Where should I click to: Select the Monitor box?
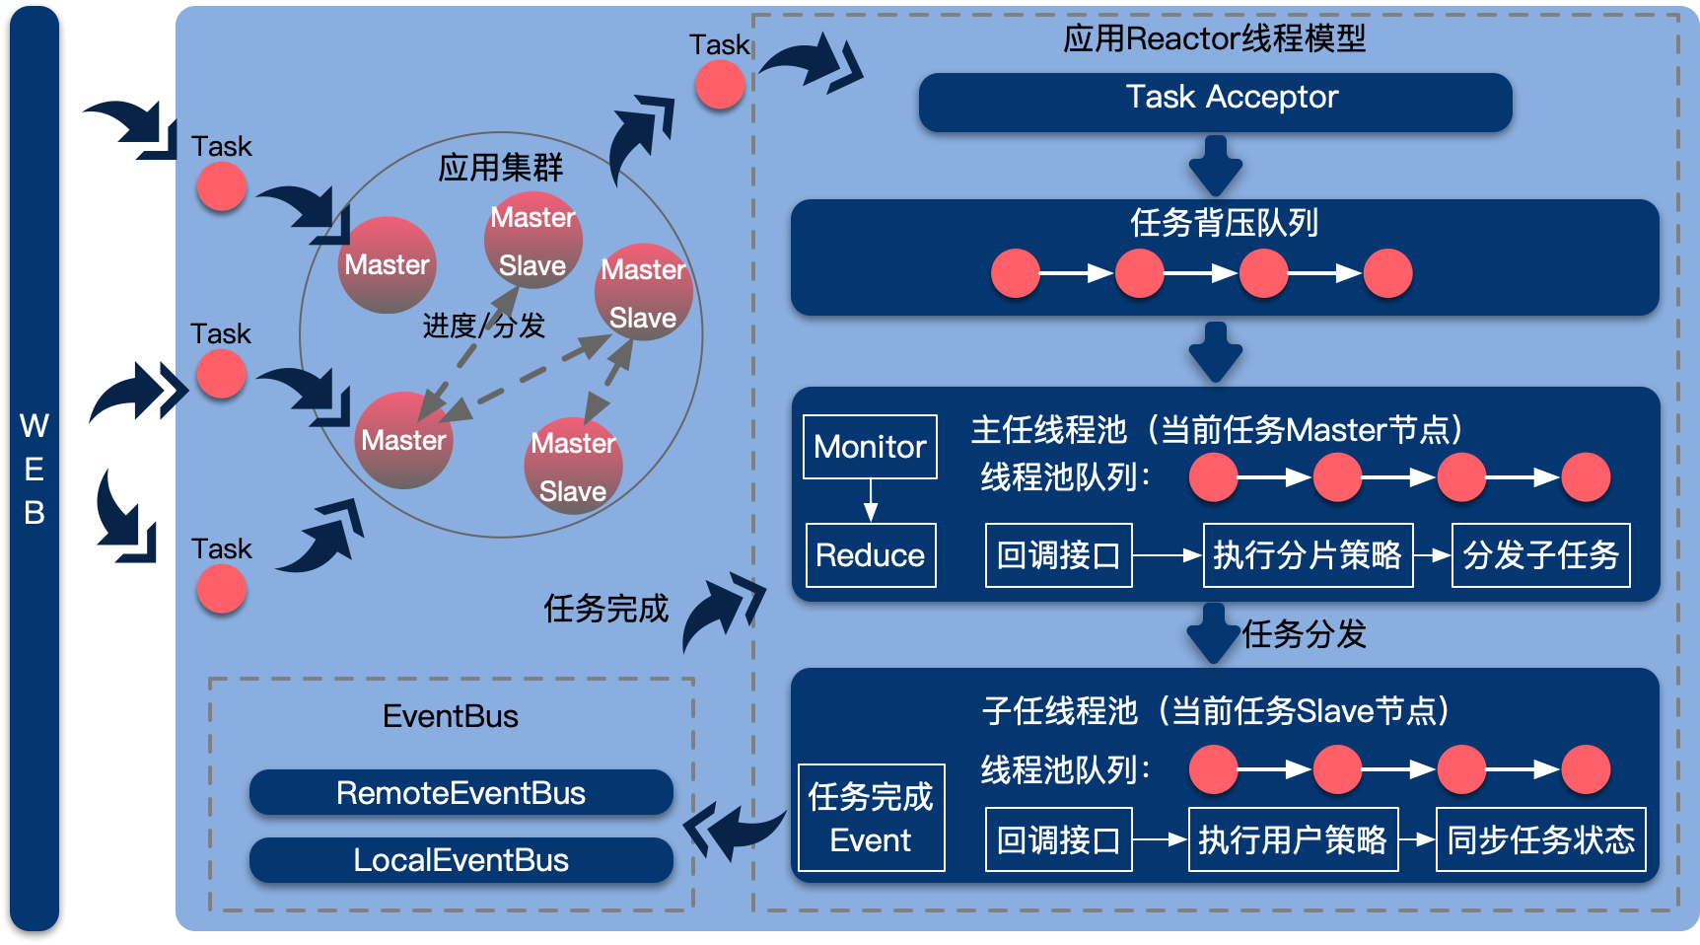pos(870,447)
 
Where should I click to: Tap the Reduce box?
pos(870,555)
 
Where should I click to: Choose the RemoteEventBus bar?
pos(460,793)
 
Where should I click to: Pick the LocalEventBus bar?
pos(460,860)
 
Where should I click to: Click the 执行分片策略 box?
pos(1308,555)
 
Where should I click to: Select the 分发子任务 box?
pos(1540,555)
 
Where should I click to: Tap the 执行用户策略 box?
pos(1293,839)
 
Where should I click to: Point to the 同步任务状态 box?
pos(1540,839)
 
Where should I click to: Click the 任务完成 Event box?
pos(871,818)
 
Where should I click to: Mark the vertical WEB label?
pos(35,469)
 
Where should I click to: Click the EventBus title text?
pos(451,716)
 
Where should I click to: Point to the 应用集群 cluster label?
pos(501,168)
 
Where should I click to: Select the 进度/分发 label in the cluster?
pos(483,326)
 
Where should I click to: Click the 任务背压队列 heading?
pos(1224,223)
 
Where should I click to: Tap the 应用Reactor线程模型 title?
pos(1215,38)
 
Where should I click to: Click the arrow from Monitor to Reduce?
pos(871,501)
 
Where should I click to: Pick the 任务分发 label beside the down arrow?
pos(1304,634)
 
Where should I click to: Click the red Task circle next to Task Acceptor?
pos(720,85)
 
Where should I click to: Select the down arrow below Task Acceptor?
pos(1215,166)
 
